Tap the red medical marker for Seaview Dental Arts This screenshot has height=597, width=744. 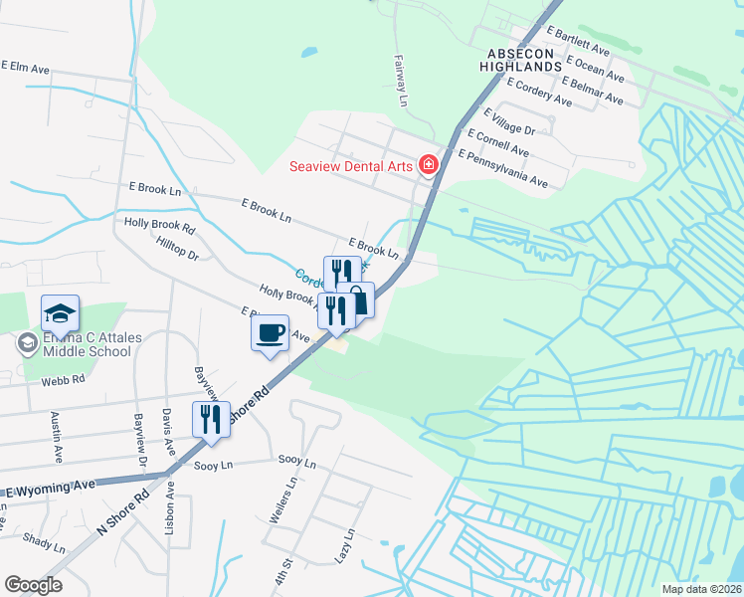coord(429,164)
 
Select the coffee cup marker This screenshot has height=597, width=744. coord(271,333)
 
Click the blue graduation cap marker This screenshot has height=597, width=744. coord(60,313)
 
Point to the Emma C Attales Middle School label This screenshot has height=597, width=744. coord(80,344)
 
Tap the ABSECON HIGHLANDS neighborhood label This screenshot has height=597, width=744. coord(525,59)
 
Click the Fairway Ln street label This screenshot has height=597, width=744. coord(402,81)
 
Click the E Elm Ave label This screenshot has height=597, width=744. coord(25,68)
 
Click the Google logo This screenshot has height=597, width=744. coord(33,585)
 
